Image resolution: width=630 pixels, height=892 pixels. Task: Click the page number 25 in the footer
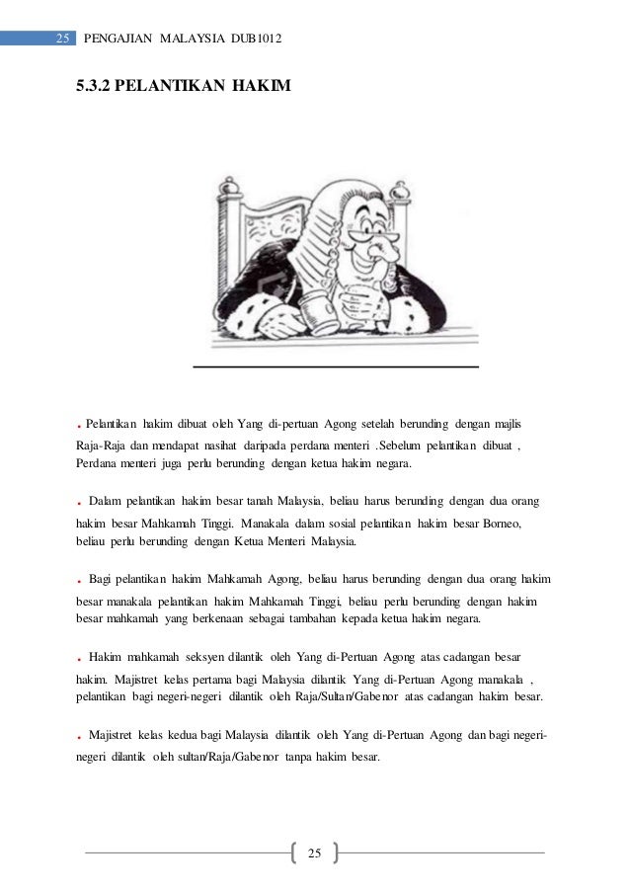315,851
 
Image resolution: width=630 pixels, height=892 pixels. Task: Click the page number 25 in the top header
62,40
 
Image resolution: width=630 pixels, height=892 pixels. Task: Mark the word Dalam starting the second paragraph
105,503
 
